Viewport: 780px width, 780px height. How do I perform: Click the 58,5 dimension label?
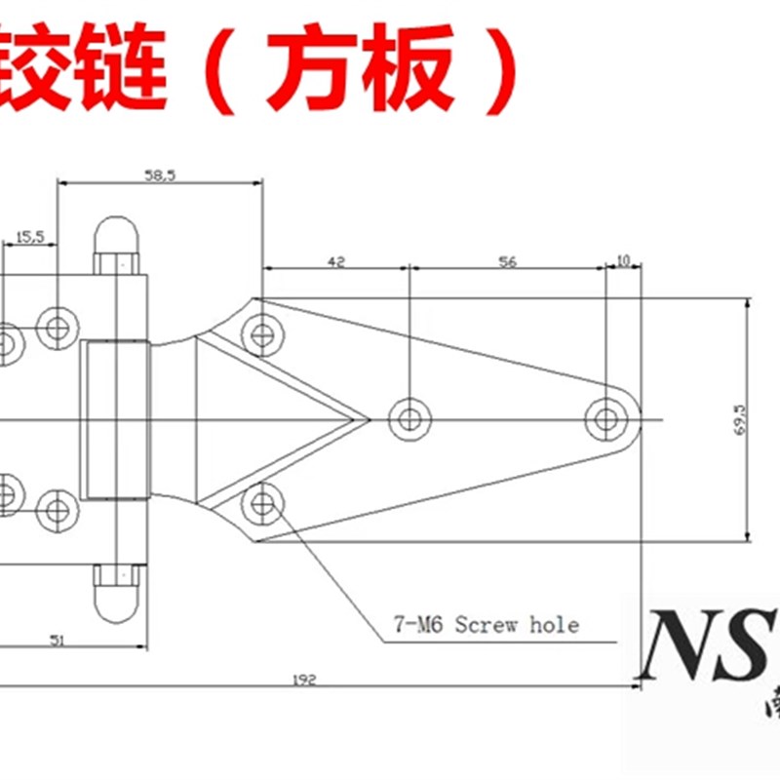point(160,175)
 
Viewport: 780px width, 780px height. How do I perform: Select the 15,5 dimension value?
point(30,237)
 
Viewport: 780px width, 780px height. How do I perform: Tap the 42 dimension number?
point(335,261)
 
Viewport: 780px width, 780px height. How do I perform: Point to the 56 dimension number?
point(507,261)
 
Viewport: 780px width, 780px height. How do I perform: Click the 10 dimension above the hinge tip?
point(623,261)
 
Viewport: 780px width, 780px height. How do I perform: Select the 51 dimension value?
point(58,640)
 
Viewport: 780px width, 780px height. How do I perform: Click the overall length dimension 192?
point(304,680)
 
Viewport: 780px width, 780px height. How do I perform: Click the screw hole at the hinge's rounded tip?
point(606,420)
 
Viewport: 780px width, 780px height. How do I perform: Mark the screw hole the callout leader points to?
point(261,504)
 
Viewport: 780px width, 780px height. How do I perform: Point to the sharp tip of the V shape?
point(369,419)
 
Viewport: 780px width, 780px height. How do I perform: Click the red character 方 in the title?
point(307,68)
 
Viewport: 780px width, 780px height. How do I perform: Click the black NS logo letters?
point(702,645)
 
